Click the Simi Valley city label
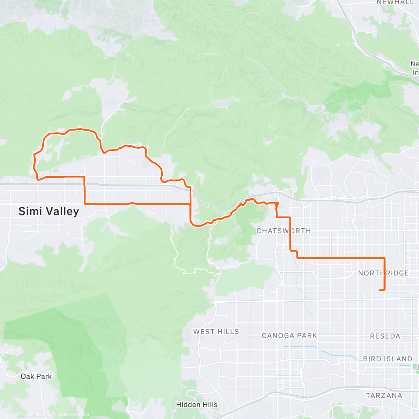49,211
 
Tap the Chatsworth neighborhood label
284,231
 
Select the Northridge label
383,273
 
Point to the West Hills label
216,331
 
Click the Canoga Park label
289,336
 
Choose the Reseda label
385,336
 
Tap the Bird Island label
388,359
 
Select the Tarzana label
384,396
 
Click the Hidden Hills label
197,405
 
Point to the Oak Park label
36,376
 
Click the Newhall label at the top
395,2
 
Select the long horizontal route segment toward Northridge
340,258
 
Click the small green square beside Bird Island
416,367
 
